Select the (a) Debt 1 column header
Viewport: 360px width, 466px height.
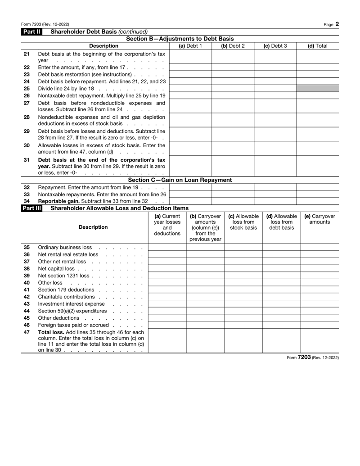(x=190, y=45)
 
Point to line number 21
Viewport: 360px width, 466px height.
(x=27, y=54)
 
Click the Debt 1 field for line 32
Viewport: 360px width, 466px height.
(x=190, y=187)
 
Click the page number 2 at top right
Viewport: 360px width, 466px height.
(x=337, y=24)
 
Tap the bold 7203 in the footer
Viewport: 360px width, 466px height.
(x=304, y=357)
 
